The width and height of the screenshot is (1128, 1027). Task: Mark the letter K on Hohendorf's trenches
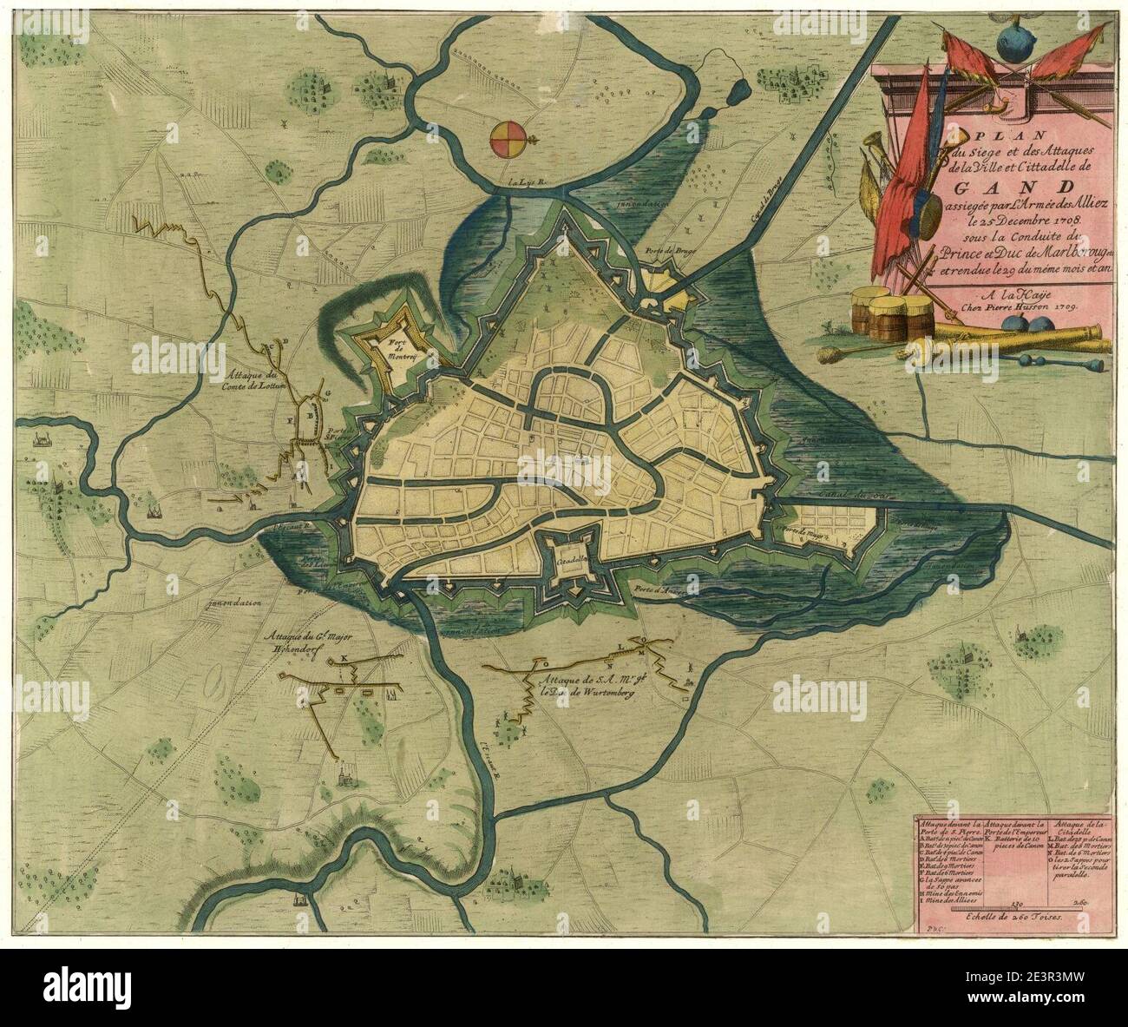point(344,657)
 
